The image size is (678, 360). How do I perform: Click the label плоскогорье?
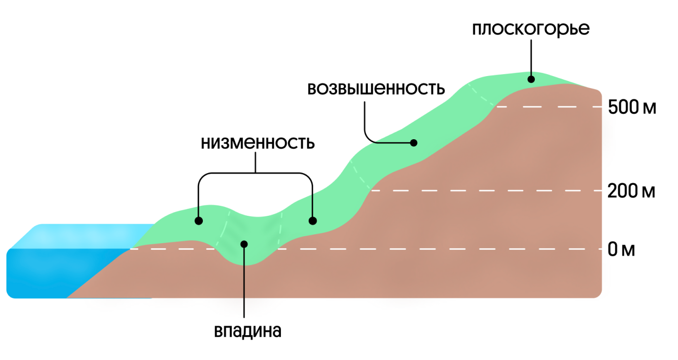pos(530,29)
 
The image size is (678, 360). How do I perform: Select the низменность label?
pos(258,143)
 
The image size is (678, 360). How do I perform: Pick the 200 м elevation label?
pos(631,191)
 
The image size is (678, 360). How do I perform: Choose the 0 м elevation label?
pos(621,249)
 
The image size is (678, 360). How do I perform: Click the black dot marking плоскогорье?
pos(531,79)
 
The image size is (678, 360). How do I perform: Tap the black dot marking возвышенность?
pos(414,143)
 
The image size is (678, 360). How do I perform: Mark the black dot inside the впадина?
pos(244,243)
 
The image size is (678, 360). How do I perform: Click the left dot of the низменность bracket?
pos(198,220)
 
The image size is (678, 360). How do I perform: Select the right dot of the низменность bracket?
pos(312,220)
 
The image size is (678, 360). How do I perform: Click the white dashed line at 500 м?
pos(547,107)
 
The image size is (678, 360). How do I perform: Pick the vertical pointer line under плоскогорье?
pos(531,57)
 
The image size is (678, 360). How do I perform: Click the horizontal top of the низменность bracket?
pos(256,174)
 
